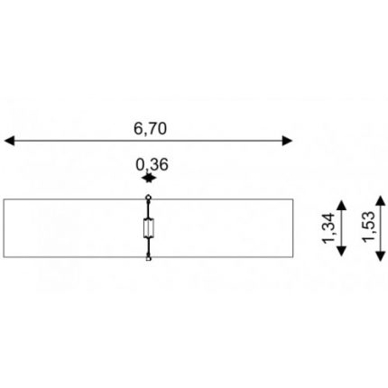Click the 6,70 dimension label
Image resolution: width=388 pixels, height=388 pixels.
(150, 128)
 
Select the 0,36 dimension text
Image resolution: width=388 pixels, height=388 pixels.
(152, 164)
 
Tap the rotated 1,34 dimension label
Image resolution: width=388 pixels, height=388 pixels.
(328, 227)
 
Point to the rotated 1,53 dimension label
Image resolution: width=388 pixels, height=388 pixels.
(369, 226)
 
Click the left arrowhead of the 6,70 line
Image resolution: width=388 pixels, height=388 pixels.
(9, 141)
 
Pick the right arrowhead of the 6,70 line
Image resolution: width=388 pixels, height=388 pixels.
(287, 141)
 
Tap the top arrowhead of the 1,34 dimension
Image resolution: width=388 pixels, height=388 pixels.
(341, 205)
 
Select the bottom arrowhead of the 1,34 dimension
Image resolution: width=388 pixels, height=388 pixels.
(341, 251)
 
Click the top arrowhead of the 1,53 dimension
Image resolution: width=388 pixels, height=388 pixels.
(381, 200)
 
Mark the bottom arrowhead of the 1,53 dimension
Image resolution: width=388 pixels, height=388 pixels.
(381, 256)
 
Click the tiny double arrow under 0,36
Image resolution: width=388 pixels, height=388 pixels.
(149, 179)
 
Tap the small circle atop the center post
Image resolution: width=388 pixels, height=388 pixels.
(148, 198)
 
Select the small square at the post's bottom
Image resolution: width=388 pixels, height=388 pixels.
(148, 259)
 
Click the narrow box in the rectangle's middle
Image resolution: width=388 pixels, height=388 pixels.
(149, 228)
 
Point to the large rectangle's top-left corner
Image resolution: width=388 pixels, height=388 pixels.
(4, 199)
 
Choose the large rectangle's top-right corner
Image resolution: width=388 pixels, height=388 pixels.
(293, 199)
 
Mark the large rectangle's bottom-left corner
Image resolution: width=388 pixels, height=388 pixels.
(4, 257)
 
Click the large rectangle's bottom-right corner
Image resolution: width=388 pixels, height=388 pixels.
(293, 257)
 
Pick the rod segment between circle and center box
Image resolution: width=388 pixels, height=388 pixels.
(148, 209)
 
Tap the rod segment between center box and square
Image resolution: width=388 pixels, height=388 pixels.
(148, 247)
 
